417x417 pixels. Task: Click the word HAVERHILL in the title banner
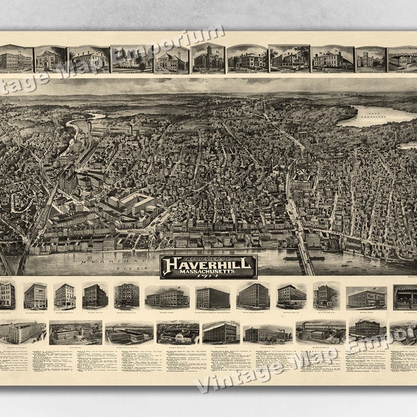pyautogui.click(x=208, y=263)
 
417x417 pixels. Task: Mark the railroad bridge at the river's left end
pyautogui.click(x=21, y=261)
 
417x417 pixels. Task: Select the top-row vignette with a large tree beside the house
pyautogui.click(x=289, y=59)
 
